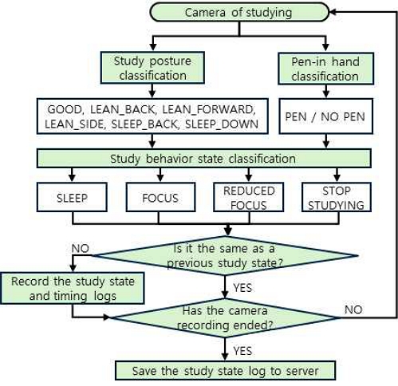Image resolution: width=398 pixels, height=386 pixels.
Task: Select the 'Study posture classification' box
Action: tap(152, 67)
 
